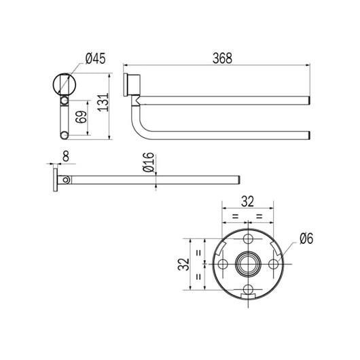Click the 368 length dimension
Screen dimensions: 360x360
click(x=221, y=59)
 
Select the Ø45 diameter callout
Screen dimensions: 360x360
click(x=90, y=59)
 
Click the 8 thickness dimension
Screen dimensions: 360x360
click(x=65, y=157)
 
